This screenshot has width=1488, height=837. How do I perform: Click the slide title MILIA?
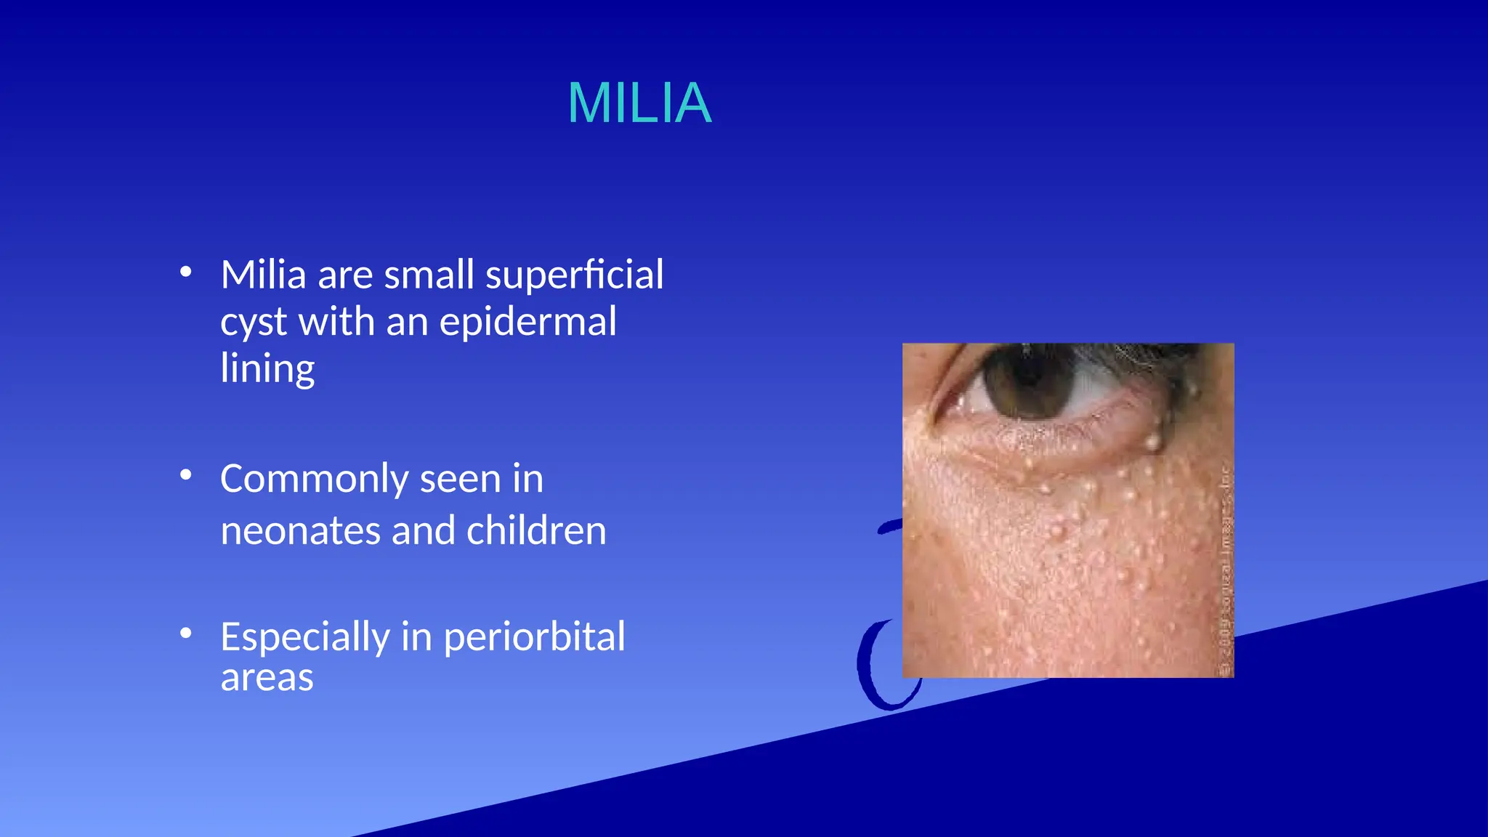(639, 103)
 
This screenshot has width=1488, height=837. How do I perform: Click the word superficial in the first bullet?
(574, 275)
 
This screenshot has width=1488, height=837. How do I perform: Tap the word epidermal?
(527, 322)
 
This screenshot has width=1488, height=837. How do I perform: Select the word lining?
(267, 368)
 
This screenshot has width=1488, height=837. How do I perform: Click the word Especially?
(304, 638)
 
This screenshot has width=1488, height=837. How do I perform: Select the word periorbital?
(534, 637)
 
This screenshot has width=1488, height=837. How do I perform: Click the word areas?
(267, 678)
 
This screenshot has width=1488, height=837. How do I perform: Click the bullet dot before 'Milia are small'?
(186, 272)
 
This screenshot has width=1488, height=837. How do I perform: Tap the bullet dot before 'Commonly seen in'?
(186, 475)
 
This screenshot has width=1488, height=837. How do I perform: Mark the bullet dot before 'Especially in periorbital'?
(186, 633)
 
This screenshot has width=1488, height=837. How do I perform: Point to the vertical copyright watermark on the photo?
(1225, 574)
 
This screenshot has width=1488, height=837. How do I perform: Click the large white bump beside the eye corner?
(1152, 440)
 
